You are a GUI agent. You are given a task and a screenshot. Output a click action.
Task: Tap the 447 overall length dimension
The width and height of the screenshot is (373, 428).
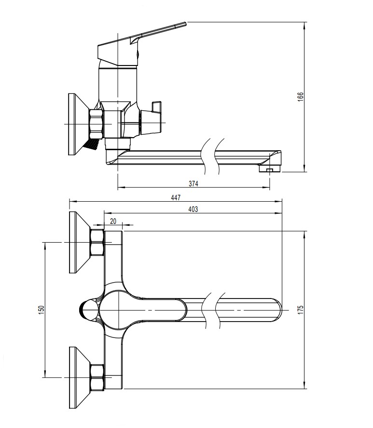(175, 196)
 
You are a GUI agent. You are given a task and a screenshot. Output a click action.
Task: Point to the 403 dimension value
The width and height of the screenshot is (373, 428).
(193, 209)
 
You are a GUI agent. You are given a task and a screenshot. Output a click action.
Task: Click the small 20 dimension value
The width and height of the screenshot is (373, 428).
(113, 221)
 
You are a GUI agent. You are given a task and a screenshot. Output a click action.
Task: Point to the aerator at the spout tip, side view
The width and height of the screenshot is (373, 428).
(268, 169)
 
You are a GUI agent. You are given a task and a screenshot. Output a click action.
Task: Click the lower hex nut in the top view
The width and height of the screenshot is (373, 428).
(97, 377)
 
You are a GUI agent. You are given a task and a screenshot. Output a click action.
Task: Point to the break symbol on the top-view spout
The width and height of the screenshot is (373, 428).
(213, 310)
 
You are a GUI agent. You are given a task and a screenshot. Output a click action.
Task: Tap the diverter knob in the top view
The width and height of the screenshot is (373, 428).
(88, 310)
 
